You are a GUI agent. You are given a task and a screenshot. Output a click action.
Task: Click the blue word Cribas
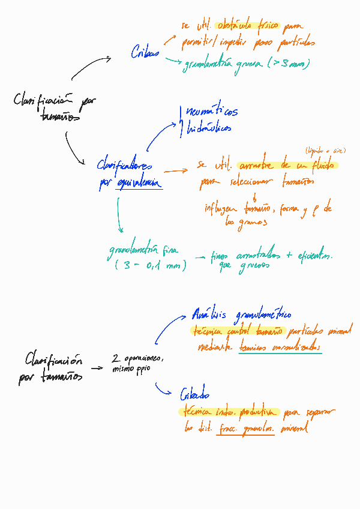click(145, 53)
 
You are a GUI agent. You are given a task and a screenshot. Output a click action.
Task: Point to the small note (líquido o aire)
click(325, 151)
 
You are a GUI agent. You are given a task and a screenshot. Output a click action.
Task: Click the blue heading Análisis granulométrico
click(241, 314)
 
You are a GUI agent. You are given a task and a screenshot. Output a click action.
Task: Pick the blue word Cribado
click(194, 394)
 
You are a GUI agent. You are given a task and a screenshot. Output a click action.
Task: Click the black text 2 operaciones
click(137, 358)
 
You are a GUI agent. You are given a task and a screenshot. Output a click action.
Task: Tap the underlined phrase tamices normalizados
click(280, 348)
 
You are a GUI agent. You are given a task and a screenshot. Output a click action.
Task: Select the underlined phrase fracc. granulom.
click(245, 429)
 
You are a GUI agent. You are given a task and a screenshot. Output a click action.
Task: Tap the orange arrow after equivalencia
click(175, 171)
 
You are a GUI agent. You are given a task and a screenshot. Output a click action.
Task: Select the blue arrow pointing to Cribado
click(164, 391)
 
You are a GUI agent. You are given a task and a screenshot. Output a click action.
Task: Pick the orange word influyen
click(221, 208)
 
